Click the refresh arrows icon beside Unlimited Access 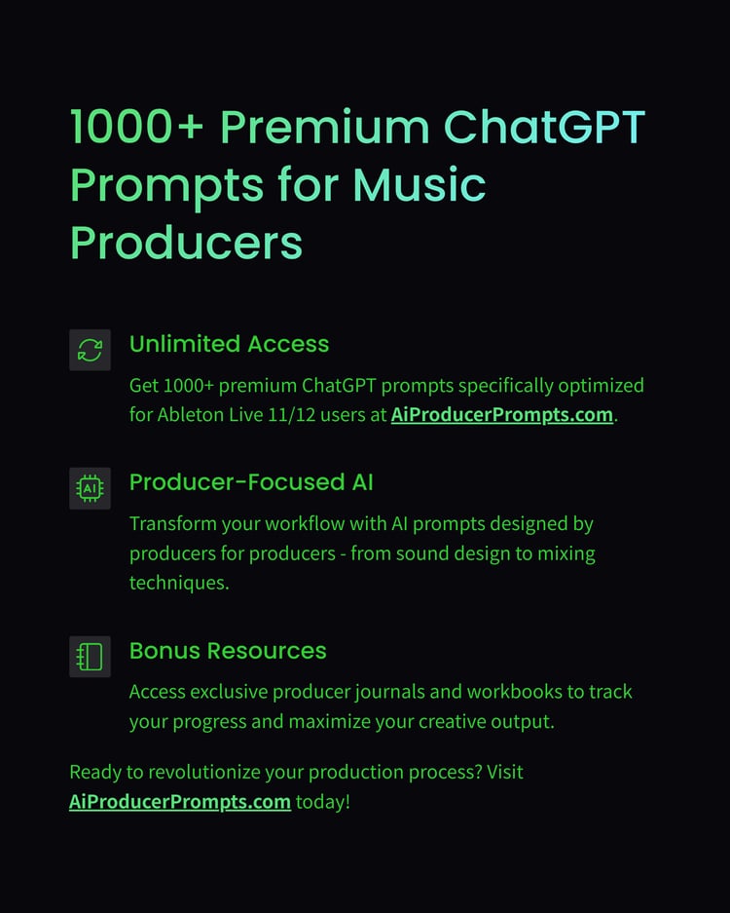[90, 350]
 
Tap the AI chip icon [90, 488]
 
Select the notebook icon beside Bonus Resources [90, 656]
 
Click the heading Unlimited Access [229, 344]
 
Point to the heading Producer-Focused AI [251, 482]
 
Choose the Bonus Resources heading [228, 650]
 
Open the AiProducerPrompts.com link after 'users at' [502, 414]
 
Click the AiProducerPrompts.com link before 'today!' [180, 802]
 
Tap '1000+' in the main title [137, 127]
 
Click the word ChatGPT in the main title [544, 127]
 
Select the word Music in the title [420, 184]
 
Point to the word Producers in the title [187, 243]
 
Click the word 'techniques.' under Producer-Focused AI [179, 583]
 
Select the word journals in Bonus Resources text [389, 692]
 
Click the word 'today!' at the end [323, 802]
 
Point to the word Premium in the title [324, 127]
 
